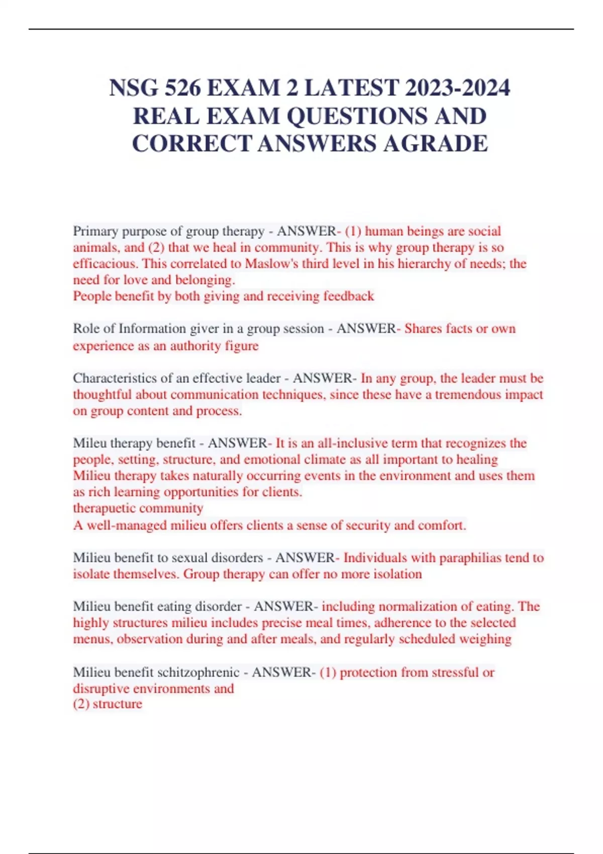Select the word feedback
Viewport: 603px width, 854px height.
[349, 296]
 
